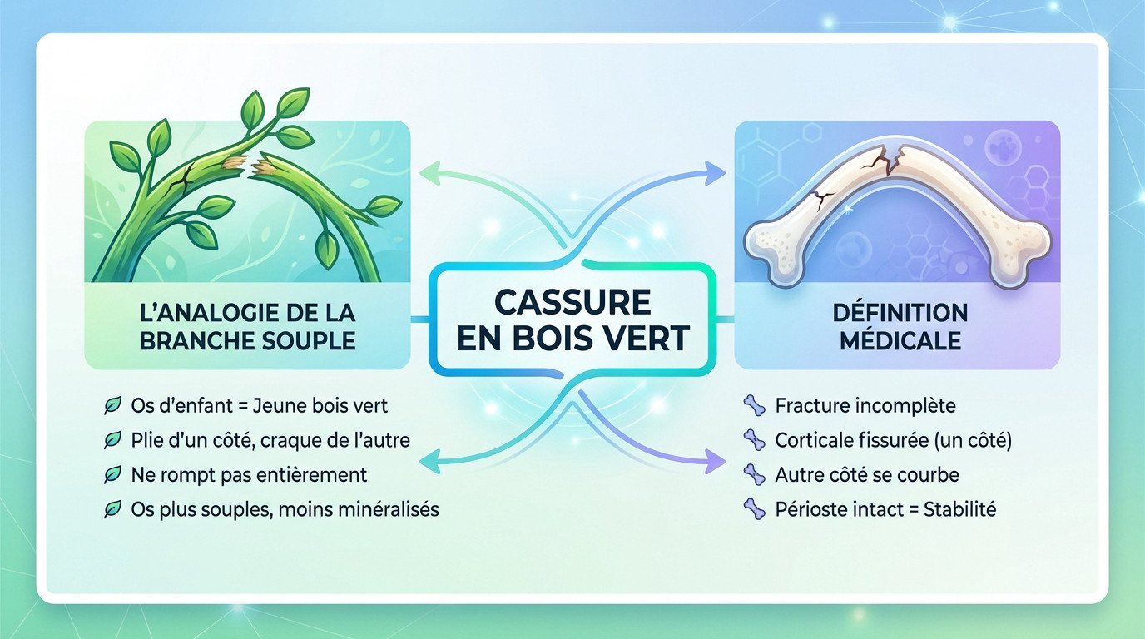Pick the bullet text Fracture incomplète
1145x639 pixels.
[865, 406]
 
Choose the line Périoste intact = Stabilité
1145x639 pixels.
[885, 508]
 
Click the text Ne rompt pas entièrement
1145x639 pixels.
[249, 474]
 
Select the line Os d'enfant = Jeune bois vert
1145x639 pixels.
[260, 406]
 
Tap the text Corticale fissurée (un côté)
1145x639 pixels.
[893, 440]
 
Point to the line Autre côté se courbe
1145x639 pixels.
[867, 474]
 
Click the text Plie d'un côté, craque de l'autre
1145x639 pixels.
[270, 440]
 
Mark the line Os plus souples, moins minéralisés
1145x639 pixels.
[285, 508]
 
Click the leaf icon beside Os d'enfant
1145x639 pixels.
[111, 406]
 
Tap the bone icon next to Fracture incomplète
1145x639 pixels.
[754, 406]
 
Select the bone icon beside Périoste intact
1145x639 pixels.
[754, 508]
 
